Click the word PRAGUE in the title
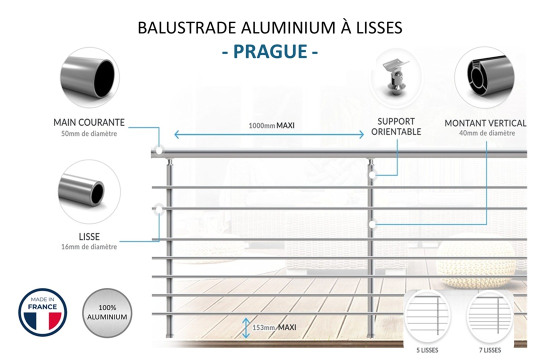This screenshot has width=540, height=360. coord(269,51)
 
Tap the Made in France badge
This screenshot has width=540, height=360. coord(42,312)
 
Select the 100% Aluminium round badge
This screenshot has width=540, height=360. coord(106,312)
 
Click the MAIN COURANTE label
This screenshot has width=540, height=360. coord(89,122)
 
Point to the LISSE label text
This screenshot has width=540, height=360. coord(89,236)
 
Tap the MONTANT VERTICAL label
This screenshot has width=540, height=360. coord(485,123)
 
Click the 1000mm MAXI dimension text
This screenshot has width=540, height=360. coord(271,125)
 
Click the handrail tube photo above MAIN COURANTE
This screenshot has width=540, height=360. coord(89,77)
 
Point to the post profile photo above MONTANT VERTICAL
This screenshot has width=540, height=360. coord(484,77)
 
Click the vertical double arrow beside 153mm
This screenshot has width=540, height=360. coord(246,328)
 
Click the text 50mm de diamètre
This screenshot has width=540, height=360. coord(89,133)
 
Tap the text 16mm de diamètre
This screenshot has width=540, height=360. coord(89,246)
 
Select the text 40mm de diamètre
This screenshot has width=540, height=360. coord(486,133)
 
